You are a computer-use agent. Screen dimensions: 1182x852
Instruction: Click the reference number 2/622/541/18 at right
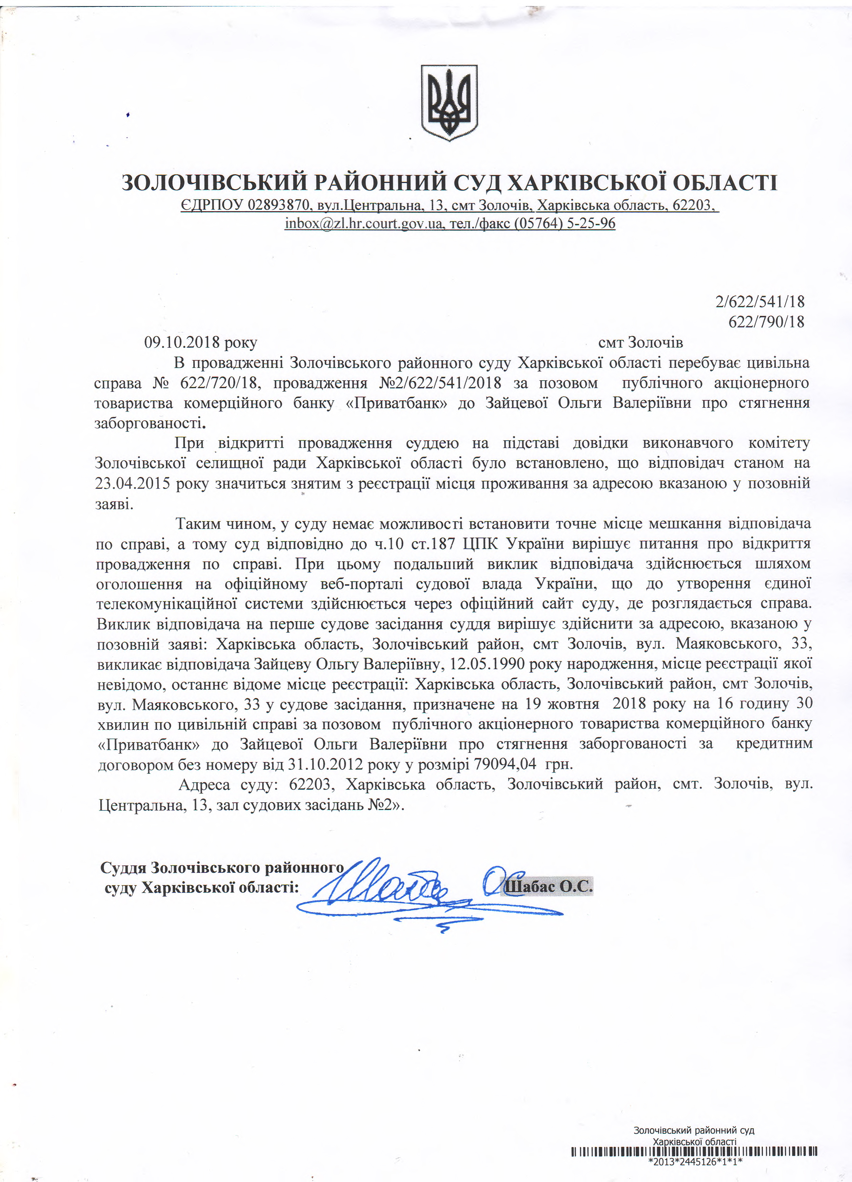pos(760,301)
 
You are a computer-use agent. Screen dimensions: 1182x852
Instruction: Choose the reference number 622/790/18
pos(766,322)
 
